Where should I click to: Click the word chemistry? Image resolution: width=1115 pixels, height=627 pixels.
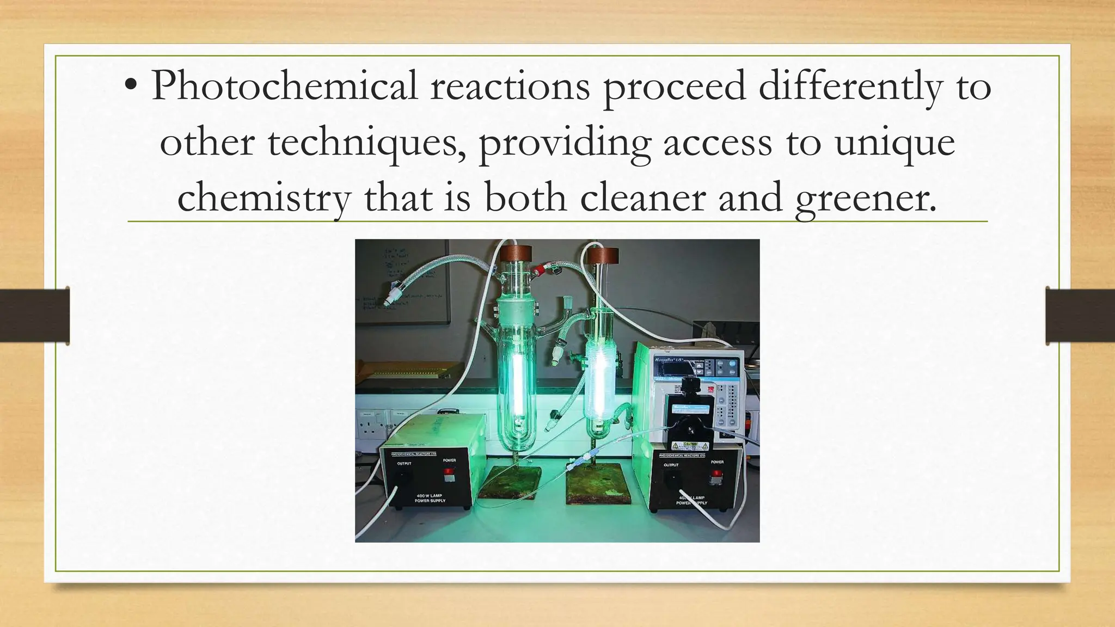pos(264,198)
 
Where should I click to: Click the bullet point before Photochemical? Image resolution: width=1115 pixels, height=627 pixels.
pos(131,87)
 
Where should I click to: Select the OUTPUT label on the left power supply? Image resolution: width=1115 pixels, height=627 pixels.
pos(404,464)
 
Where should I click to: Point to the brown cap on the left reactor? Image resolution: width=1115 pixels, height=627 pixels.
pos(516,253)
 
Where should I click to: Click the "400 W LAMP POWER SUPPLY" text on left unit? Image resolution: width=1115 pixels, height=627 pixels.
pos(430,499)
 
